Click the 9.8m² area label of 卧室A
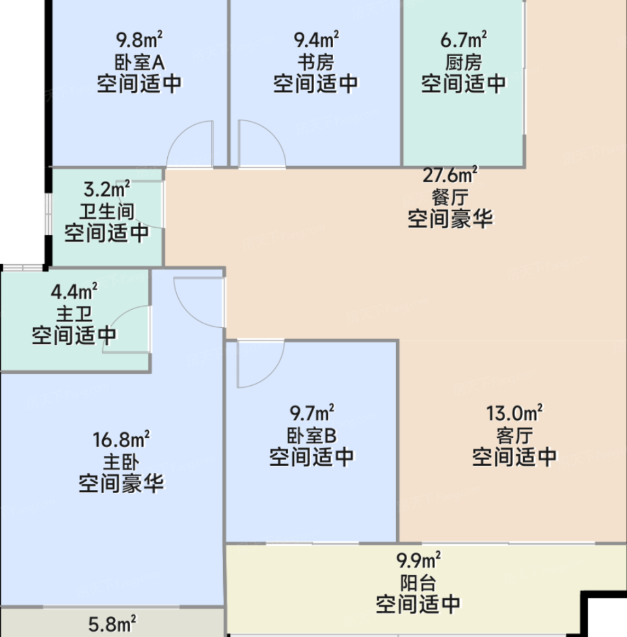[x=139, y=40]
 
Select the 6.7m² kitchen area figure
[x=464, y=40]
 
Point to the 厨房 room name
[x=464, y=62]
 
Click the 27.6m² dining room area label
[x=450, y=175]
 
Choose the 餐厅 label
[x=450, y=197]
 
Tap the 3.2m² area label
[x=107, y=189]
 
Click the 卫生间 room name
[x=107, y=211]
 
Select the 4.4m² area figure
[x=74, y=291]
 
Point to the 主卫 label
[x=74, y=314]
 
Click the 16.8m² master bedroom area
[x=121, y=439]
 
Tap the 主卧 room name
[x=121, y=461]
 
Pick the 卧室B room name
[x=312, y=435]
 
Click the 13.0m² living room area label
[x=514, y=413]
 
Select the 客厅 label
[x=514, y=435]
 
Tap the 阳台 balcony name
[x=418, y=584]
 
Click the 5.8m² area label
[x=112, y=624]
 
